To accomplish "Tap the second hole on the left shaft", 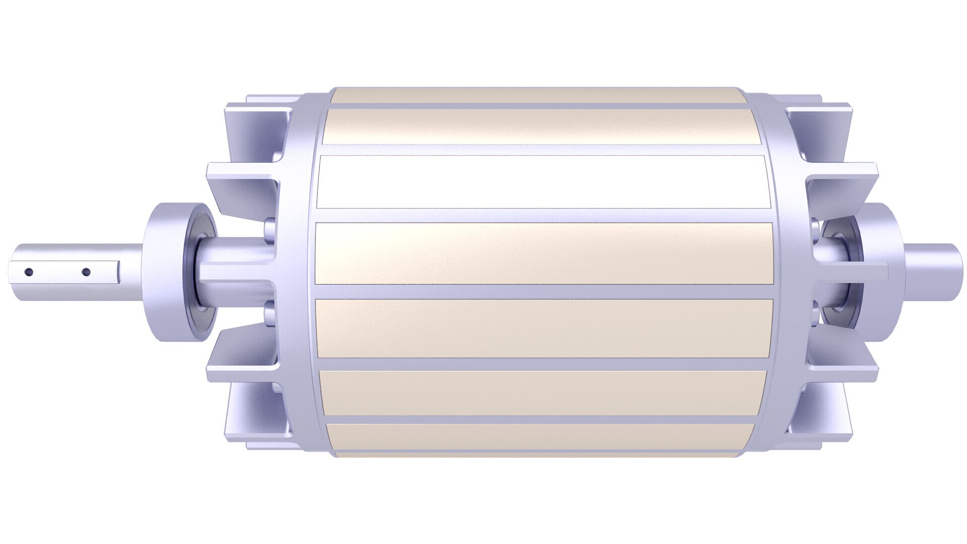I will pyautogui.click(x=86, y=273).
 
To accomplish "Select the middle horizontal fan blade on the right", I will pyautogui.click(x=856, y=272).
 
